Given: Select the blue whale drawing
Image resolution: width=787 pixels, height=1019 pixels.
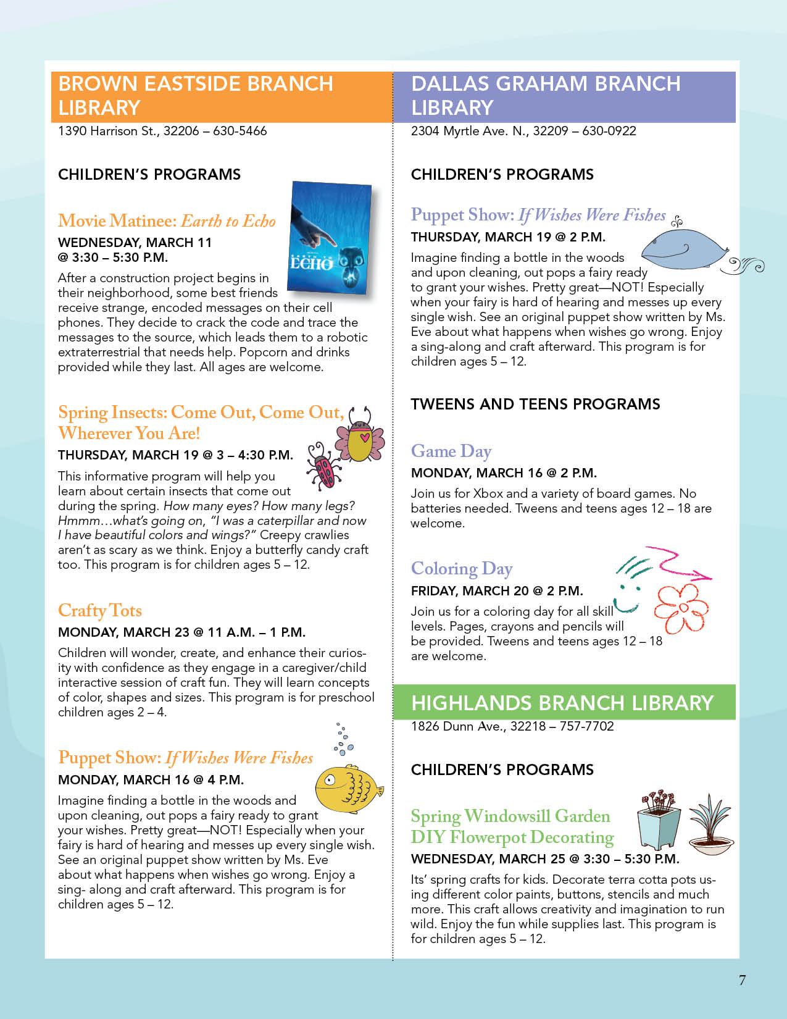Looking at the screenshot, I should [x=685, y=250].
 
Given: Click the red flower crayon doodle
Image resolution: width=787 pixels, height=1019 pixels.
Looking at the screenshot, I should [x=681, y=608].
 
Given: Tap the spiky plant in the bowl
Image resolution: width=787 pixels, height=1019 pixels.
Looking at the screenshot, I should [x=710, y=824].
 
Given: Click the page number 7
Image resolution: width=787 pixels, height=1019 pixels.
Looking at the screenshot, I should [x=742, y=980].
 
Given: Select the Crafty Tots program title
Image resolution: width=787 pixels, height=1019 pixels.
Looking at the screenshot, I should [x=100, y=611].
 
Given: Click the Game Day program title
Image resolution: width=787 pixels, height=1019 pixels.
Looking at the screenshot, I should [x=451, y=451].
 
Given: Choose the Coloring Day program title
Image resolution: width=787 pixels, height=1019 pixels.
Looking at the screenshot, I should [x=462, y=569].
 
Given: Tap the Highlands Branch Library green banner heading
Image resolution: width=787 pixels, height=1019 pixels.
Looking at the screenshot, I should [x=562, y=703].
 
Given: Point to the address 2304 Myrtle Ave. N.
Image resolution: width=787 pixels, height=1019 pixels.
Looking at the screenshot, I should [x=468, y=131].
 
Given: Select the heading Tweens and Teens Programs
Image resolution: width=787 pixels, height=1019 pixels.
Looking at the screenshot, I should [x=535, y=404].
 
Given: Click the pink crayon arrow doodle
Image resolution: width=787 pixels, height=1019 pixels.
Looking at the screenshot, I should [x=682, y=563].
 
